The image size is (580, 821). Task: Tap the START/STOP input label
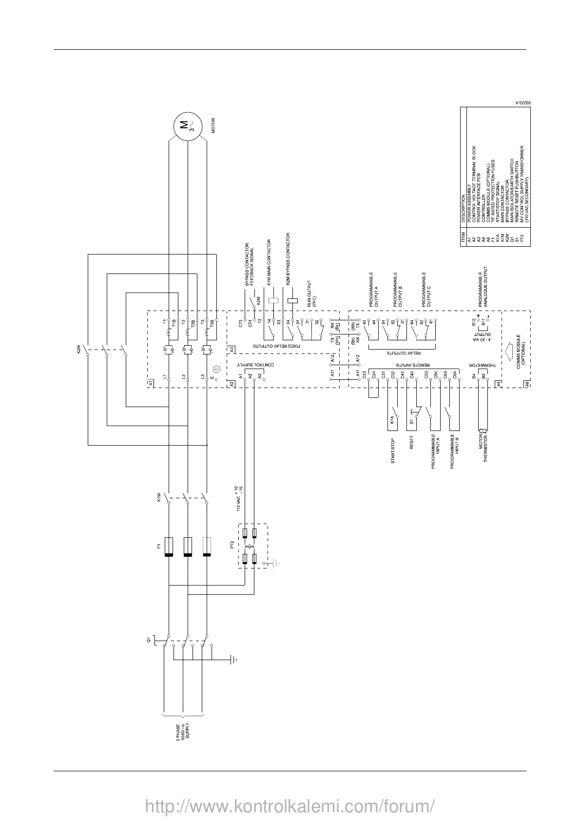[393, 450]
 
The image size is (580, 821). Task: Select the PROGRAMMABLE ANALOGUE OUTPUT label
[483, 288]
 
